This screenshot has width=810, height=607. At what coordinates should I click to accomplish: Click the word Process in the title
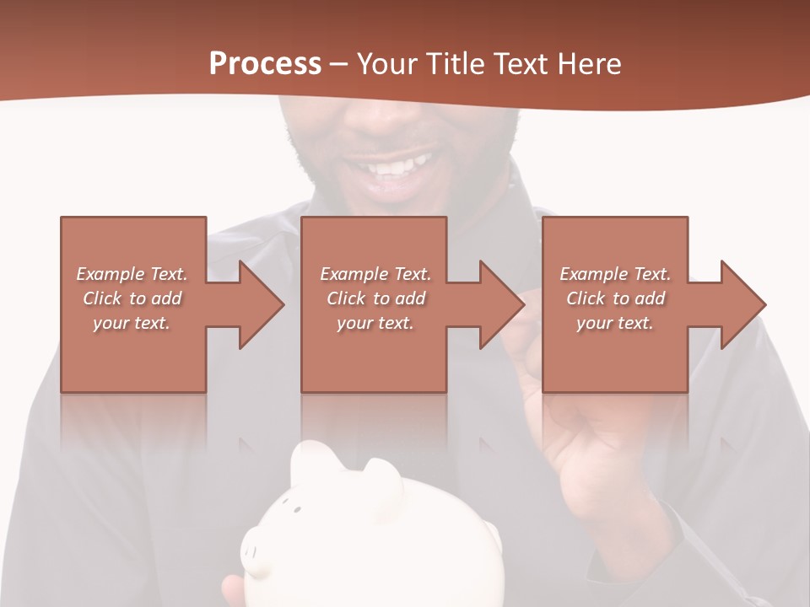(x=265, y=64)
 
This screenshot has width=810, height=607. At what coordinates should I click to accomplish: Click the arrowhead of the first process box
(x=262, y=304)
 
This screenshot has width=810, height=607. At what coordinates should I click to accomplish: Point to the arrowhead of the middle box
(x=502, y=304)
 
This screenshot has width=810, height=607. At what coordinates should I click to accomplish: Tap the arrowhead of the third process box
(x=742, y=304)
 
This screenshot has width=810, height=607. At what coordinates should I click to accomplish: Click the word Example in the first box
(x=111, y=274)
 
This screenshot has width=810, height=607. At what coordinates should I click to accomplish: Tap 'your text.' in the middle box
(x=375, y=323)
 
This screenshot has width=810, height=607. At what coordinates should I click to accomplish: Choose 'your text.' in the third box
(x=614, y=323)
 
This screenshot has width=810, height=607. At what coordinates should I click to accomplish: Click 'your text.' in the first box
(x=131, y=323)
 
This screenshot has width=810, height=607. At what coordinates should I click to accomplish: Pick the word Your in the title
(x=384, y=64)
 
